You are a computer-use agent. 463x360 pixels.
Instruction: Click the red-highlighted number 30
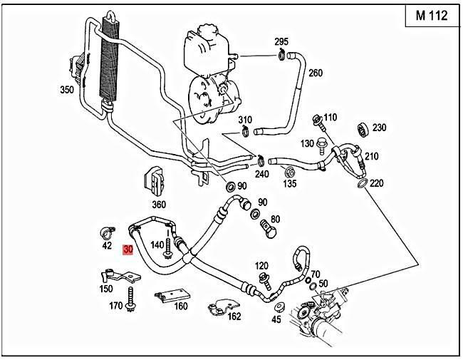(x=128, y=250)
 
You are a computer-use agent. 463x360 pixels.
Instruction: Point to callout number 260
(x=315, y=73)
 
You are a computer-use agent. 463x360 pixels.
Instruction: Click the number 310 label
(x=245, y=119)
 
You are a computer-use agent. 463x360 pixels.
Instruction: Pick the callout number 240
(x=261, y=173)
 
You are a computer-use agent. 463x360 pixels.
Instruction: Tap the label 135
(x=290, y=182)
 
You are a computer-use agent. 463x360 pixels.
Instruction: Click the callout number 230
(x=379, y=128)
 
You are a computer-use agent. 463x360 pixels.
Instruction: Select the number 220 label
(x=377, y=183)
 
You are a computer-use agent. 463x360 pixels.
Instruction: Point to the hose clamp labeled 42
(x=107, y=232)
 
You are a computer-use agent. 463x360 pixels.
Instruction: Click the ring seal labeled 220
(x=361, y=185)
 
